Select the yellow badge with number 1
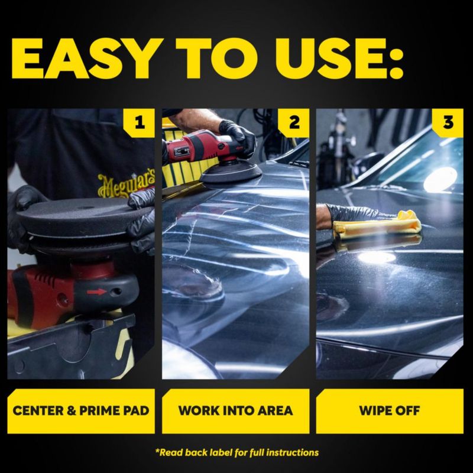(139, 123)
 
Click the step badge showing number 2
(294, 123)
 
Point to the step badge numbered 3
(448, 123)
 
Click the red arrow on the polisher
(96, 291)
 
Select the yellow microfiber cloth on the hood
(377, 225)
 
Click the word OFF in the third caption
(406, 410)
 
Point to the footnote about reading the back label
(237, 452)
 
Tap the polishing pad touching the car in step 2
(231, 174)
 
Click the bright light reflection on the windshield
(440, 179)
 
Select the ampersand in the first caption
(72, 410)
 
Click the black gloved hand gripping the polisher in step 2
(238, 137)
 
